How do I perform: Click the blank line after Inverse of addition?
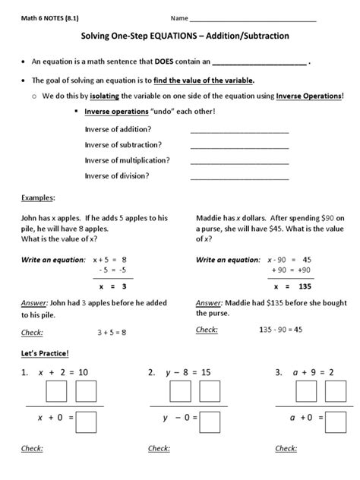(x=239, y=130)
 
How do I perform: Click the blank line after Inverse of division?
(x=239, y=176)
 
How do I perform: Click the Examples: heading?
(x=33, y=197)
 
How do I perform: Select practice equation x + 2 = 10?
(x=64, y=373)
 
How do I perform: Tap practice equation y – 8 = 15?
(x=191, y=373)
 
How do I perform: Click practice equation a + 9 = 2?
(x=311, y=373)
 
